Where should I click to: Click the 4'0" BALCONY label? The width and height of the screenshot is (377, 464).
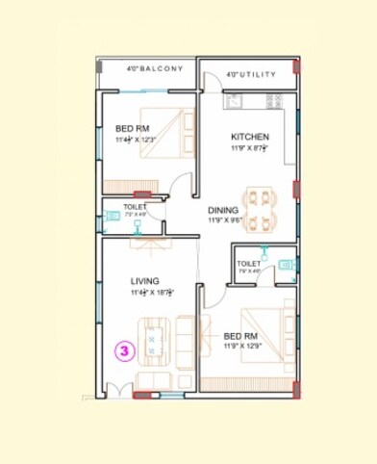pos(154,69)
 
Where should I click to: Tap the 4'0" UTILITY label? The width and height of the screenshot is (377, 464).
pos(251,74)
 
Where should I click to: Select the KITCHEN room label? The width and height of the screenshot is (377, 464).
pos(249,137)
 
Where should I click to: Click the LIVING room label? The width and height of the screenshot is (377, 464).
pos(145,281)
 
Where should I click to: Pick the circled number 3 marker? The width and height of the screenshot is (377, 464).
pos(124,351)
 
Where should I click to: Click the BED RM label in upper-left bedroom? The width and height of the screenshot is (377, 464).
pos(132,128)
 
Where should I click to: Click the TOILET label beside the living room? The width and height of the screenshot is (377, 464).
pos(134,207)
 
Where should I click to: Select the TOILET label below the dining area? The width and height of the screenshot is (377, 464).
pos(248,263)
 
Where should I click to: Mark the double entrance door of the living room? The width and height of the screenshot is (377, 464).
pos(118,389)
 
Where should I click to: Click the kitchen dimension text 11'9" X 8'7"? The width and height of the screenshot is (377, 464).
pos(249,148)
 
